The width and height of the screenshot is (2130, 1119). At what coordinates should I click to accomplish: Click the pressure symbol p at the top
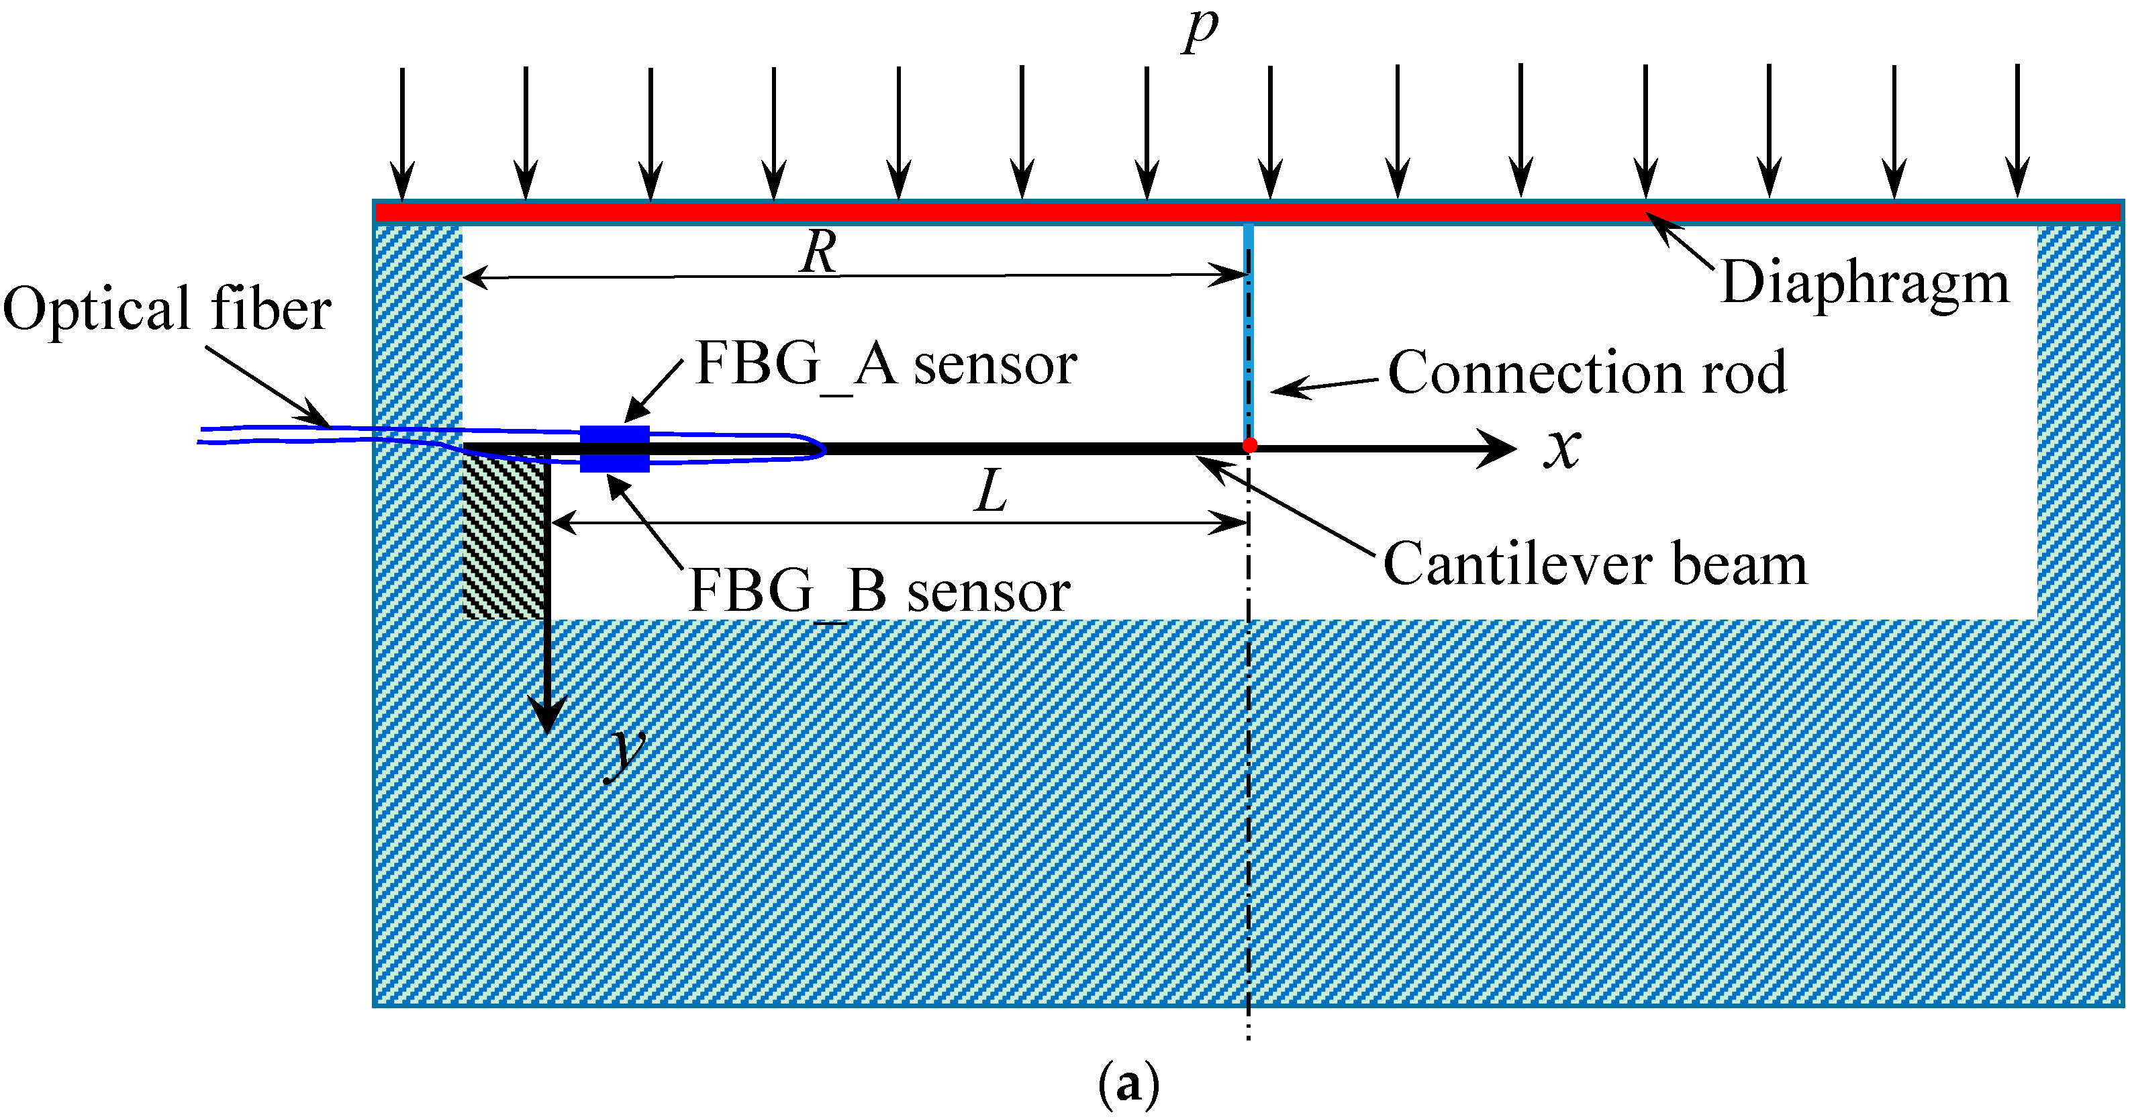(x=1201, y=32)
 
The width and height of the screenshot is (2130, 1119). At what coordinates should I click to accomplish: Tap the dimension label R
(x=818, y=252)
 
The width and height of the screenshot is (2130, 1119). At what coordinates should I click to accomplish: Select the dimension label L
(x=991, y=492)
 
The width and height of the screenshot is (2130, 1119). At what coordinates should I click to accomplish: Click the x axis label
(x=1562, y=448)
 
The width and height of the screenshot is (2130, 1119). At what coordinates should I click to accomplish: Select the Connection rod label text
(x=1587, y=373)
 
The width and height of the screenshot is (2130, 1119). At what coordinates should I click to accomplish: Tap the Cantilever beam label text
(x=1595, y=565)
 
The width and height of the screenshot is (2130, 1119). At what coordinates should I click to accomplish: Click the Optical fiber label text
(x=167, y=309)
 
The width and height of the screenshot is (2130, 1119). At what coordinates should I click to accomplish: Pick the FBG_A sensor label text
(x=885, y=364)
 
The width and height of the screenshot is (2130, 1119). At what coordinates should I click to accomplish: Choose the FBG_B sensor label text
(x=880, y=592)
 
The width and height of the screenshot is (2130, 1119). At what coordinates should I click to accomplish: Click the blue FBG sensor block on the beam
(x=614, y=448)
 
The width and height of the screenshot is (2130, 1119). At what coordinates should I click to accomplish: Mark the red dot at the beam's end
(x=1249, y=446)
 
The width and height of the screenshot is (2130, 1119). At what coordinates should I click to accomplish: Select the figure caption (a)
(x=1128, y=1083)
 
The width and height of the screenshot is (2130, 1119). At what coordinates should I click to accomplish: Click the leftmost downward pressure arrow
(x=402, y=132)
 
